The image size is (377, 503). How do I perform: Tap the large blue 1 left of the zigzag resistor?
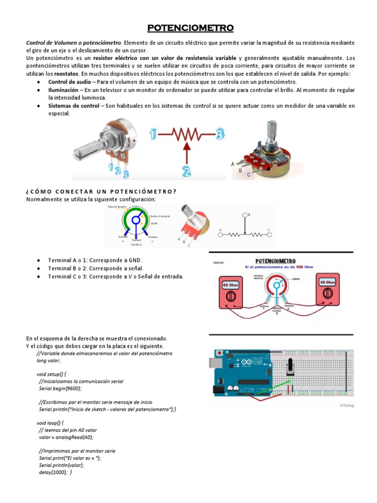tap(154, 133)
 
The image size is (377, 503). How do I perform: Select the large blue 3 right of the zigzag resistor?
tap(220, 133)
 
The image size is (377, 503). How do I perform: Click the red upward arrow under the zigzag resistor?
tap(187, 152)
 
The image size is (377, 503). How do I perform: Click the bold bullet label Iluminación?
tap(63, 90)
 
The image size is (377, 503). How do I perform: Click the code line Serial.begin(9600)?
tap(60, 388)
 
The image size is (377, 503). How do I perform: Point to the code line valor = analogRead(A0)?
tap(65, 437)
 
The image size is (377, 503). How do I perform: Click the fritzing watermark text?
tap(346, 405)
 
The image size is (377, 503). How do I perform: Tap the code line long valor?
tap(49, 360)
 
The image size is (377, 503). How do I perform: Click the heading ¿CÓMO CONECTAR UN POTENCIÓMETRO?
tap(101, 191)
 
